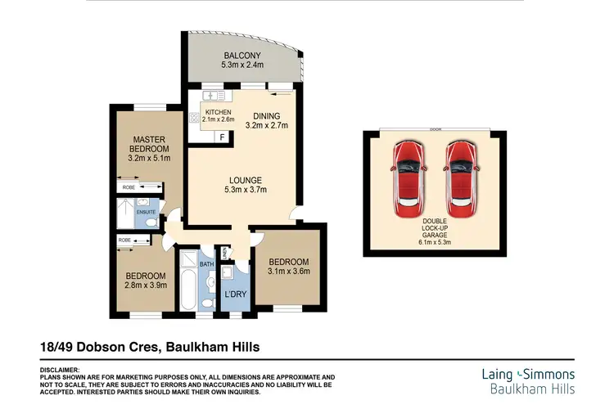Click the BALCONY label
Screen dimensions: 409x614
coord(242,56)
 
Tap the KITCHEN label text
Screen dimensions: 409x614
coord(218,112)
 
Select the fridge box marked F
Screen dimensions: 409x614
coord(221,137)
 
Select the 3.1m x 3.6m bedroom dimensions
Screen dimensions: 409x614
coord(287,272)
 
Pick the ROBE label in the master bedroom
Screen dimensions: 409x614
coord(129,187)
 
